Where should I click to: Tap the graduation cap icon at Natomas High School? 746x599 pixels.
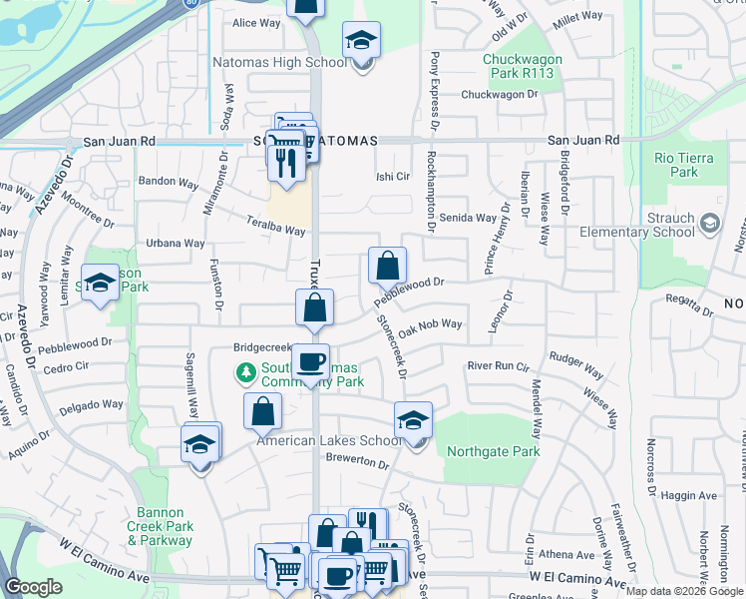(x=361, y=41)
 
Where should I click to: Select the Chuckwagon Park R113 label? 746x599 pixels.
(x=523, y=66)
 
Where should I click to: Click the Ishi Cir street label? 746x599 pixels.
(x=393, y=177)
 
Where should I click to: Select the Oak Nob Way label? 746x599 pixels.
(x=430, y=324)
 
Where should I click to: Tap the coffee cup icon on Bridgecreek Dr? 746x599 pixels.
(x=310, y=361)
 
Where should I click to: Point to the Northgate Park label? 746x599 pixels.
(x=489, y=451)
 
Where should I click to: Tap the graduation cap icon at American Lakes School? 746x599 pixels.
(x=413, y=420)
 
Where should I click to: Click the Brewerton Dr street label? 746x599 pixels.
(x=357, y=461)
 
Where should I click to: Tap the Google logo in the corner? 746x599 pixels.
(x=33, y=587)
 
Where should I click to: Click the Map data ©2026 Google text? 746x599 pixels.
(x=684, y=591)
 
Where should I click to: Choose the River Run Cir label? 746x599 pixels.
(x=500, y=366)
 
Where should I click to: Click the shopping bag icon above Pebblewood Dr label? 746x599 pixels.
(x=387, y=267)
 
